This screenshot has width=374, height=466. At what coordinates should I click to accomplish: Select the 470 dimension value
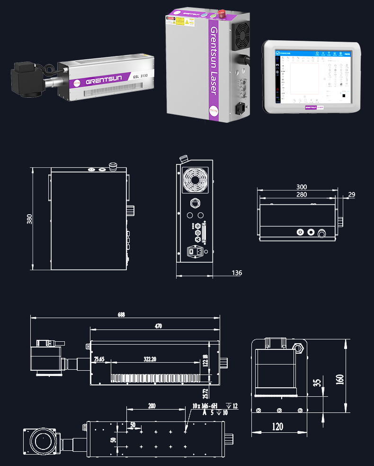158,326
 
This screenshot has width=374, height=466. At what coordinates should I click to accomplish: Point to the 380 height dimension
29,219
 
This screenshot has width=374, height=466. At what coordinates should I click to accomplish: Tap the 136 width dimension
237,273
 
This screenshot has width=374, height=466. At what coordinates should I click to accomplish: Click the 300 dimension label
302,187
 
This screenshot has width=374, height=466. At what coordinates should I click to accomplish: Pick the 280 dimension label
302,194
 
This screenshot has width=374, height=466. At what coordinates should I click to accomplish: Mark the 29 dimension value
351,194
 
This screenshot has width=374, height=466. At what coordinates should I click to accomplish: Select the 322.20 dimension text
150,359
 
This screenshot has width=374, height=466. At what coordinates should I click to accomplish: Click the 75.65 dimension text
99,359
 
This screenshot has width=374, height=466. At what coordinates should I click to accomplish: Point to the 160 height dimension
340,379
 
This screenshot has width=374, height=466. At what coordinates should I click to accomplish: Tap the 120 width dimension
277,427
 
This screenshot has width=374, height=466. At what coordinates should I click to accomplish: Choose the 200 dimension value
151,406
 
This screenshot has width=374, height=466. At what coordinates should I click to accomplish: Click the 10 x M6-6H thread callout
205,406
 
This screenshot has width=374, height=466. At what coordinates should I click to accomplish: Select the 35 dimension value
318,382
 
